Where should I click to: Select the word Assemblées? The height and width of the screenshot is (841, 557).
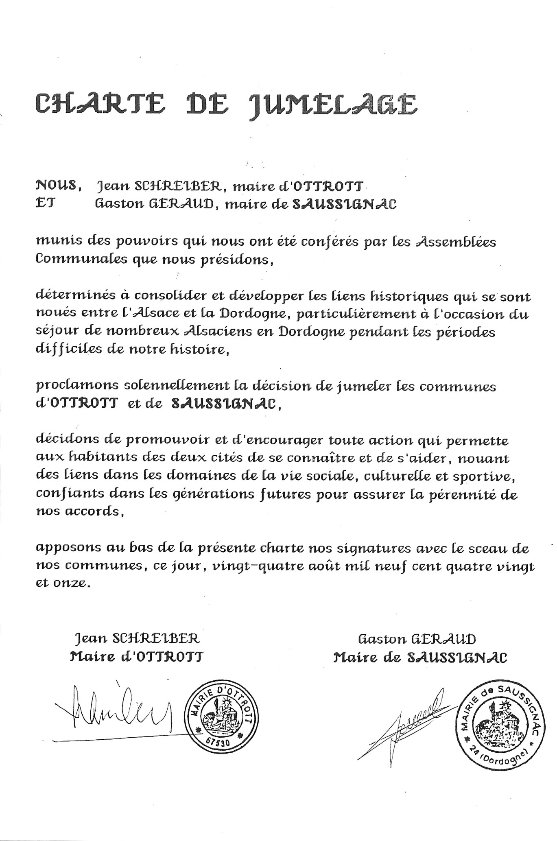(457, 242)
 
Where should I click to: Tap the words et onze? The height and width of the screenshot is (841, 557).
(61, 583)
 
